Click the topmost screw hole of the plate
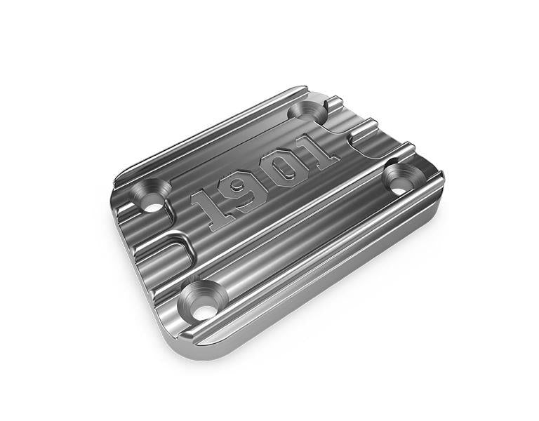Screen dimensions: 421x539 pos(307,111)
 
